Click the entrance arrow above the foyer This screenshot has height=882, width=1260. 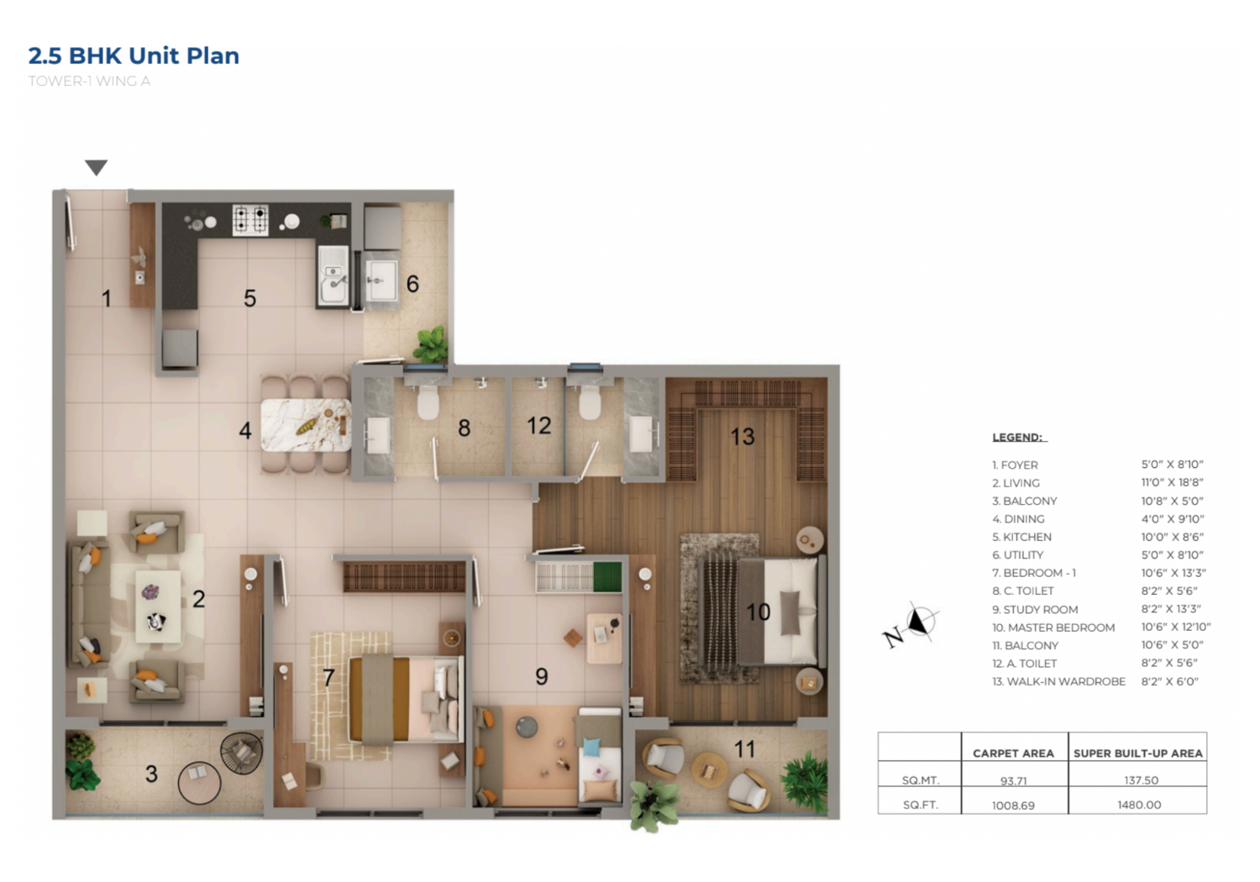[97, 167]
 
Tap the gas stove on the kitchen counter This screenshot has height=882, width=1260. [250, 219]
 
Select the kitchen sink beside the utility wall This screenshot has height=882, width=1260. [333, 276]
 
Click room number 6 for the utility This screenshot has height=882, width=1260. [412, 284]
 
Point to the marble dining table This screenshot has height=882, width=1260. [306, 425]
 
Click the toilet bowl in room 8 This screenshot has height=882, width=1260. [428, 402]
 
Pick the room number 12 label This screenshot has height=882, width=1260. [539, 426]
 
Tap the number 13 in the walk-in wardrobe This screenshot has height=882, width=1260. [742, 437]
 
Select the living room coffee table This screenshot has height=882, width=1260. [158, 606]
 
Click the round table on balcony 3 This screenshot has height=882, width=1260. [199, 782]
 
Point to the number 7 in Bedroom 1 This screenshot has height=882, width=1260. [328, 678]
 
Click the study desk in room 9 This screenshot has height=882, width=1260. [605, 638]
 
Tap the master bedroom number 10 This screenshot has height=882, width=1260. [758, 612]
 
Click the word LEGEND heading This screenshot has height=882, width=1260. [1017, 437]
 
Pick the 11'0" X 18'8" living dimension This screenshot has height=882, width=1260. [1173, 482]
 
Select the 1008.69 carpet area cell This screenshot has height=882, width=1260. [1013, 806]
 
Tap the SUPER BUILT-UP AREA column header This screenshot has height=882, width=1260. [1138, 753]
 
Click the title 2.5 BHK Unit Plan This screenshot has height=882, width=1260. [134, 55]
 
